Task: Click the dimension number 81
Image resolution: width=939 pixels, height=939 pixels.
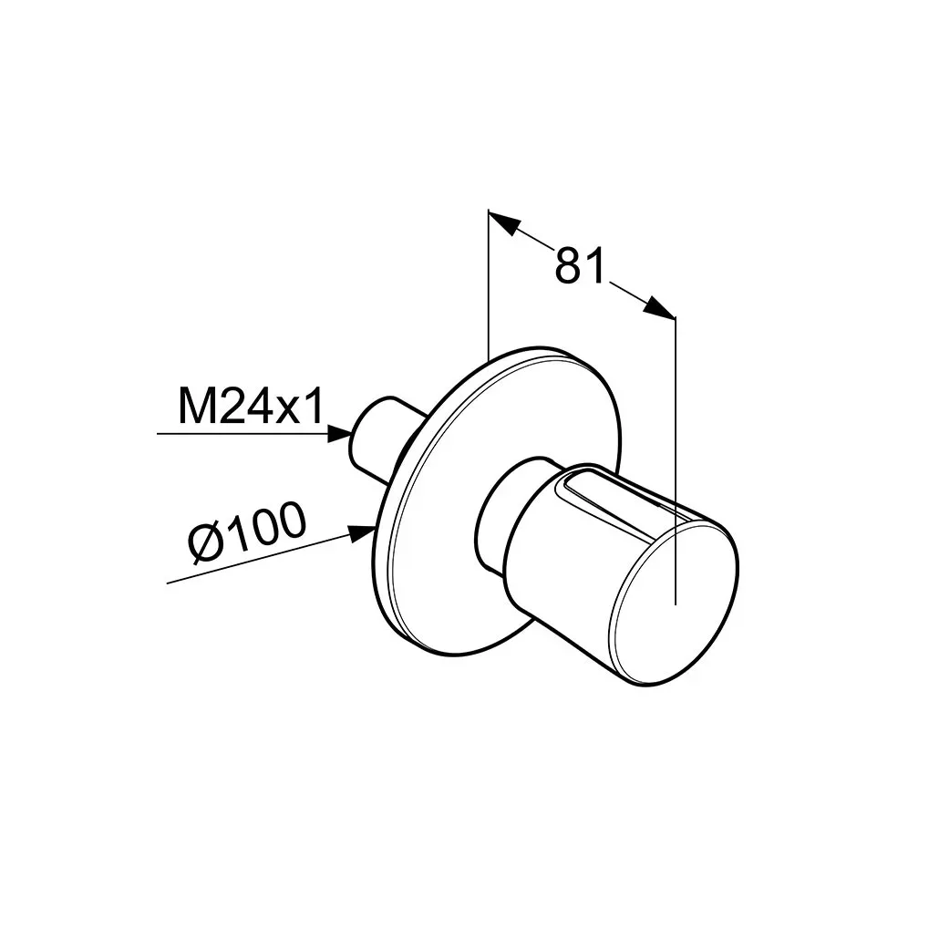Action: pos(580,266)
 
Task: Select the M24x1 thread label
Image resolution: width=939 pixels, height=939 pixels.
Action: pos(251,406)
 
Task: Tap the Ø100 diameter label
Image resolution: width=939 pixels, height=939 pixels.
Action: pos(247,532)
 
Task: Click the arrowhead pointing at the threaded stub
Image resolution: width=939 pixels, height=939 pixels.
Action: pos(340,433)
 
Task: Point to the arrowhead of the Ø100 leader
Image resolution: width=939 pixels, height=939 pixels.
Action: pos(362,533)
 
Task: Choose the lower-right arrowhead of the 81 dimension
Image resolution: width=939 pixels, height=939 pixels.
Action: pos(659,306)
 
